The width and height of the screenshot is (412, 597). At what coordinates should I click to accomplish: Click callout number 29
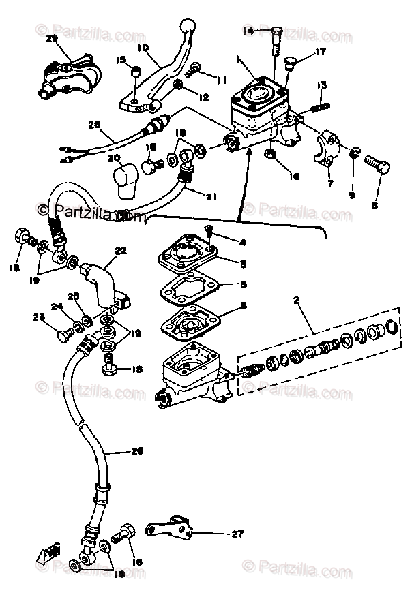[51, 39]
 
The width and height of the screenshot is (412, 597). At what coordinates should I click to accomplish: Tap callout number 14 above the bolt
[248, 31]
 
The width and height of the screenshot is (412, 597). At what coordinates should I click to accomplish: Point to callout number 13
[322, 85]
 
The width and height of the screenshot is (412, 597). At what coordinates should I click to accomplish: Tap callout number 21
[211, 197]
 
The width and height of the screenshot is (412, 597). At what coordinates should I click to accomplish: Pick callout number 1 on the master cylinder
[237, 61]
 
